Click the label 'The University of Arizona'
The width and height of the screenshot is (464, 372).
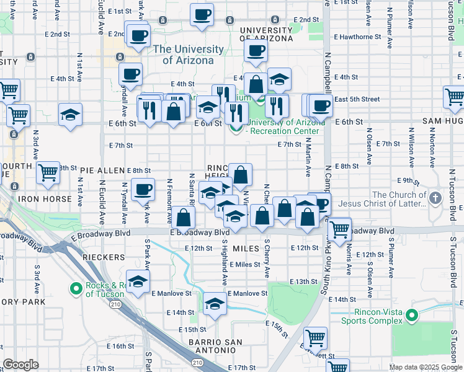click(x=189, y=55)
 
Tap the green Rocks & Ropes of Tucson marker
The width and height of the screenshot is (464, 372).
click(x=77, y=288)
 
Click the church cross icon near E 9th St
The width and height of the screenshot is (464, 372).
click(x=435, y=199)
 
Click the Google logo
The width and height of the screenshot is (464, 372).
click(x=21, y=365)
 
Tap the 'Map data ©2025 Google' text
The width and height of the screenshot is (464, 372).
click(x=425, y=367)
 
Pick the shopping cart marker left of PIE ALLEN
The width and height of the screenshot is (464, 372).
click(x=48, y=174)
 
